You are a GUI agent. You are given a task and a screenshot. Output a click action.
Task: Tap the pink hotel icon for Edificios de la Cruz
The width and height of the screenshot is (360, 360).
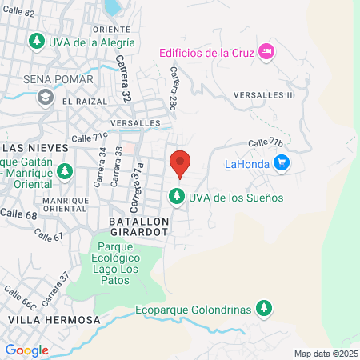tap(267, 52)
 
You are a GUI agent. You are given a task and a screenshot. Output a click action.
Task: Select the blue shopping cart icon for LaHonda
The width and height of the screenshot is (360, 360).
tap(281, 164)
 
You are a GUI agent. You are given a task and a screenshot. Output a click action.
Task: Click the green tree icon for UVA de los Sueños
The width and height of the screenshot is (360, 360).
tap(175, 195)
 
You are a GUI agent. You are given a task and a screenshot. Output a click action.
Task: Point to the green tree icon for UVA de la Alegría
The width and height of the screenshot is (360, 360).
tap(36, 41)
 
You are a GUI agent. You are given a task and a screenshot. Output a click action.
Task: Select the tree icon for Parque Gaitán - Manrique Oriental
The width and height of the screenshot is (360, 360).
tap(66, 170)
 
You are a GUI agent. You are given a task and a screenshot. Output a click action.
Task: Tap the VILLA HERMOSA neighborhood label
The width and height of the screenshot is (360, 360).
tap(54, 319)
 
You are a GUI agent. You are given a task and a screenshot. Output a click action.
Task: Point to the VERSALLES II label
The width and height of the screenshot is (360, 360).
tap(263, 94)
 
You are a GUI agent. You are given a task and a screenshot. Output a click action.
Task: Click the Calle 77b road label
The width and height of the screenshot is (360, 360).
tap(266, 142)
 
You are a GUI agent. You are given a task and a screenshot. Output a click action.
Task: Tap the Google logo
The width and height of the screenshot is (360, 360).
tap(26, 350)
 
